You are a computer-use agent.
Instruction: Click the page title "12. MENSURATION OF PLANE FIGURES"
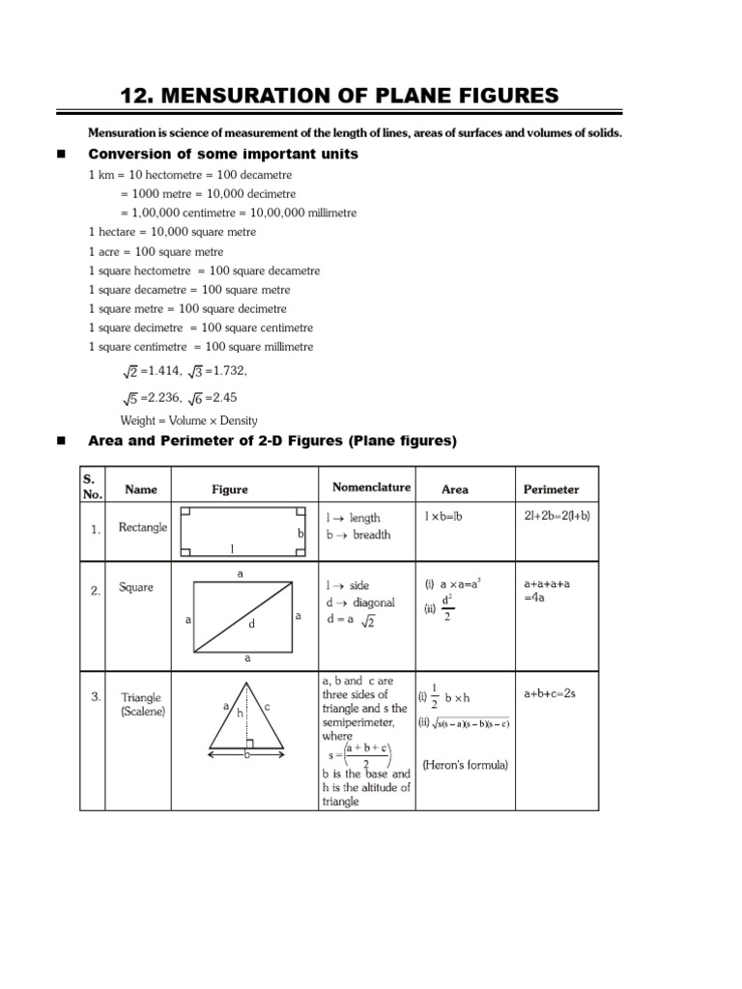339,95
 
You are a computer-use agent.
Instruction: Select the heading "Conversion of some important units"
223,155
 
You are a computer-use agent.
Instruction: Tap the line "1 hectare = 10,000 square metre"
172,233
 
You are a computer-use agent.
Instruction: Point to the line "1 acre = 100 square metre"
156,251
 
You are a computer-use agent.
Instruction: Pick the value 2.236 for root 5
161,398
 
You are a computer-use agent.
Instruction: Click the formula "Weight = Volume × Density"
188,420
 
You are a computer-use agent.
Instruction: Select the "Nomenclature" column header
371,488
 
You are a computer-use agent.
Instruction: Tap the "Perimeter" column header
551,490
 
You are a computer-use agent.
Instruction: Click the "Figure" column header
230,490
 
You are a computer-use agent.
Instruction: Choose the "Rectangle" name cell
142,527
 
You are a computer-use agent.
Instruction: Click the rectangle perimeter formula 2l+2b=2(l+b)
556,516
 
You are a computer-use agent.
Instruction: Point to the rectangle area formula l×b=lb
443,517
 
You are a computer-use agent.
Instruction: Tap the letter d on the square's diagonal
251,625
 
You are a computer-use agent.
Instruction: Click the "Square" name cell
135,587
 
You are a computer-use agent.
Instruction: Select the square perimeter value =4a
535,600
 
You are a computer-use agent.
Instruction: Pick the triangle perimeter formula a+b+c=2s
550,693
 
